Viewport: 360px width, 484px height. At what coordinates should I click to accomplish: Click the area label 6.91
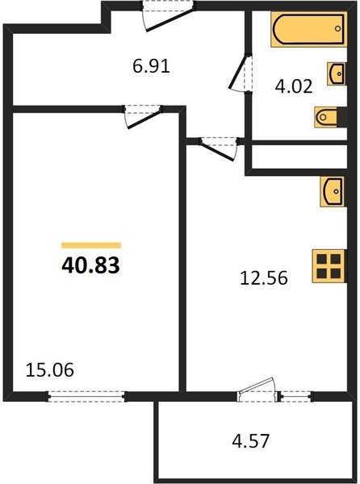click(151, 66)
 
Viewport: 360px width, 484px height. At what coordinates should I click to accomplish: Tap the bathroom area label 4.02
click(294, 86)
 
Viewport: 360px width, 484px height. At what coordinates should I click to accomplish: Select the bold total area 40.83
click(90, 265)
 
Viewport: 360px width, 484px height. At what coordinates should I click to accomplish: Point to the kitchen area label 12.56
click(264, 277)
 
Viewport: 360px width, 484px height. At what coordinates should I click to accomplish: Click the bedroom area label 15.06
click(50, 369)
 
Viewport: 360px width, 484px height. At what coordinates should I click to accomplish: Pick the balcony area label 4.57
click(251, 440)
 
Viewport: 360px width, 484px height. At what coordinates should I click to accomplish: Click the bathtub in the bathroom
click(309, 29)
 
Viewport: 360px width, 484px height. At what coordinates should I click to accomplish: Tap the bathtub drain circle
click(337, 29)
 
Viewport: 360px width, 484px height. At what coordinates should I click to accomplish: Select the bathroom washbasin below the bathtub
click(337, 73)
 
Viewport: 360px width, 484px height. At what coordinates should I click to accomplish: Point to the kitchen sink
click(333, 191)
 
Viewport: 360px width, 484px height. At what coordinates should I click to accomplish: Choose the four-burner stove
click(329, 266)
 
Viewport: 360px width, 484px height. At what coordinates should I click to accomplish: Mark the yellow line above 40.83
click(91, 245)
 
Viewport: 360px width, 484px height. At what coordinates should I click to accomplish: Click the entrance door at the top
click(169, 16)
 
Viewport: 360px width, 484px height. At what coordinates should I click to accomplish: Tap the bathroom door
click(241, 73)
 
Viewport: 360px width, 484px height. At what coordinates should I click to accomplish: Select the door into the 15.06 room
click(143, 117)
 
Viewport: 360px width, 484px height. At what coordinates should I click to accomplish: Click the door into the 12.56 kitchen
click(219, 149)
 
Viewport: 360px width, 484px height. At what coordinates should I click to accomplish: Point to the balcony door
click(257, 390)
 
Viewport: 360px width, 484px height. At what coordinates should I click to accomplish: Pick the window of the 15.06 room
click(86, 396)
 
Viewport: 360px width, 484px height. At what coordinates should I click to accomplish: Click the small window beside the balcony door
click(295, 396)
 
